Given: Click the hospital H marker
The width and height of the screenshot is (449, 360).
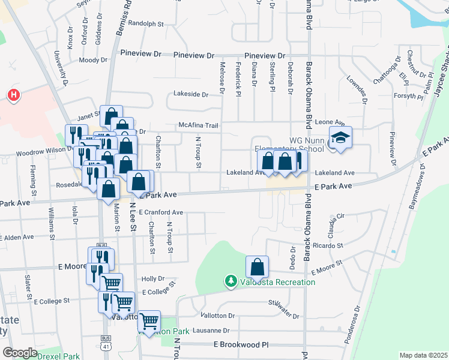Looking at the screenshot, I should (13, 94).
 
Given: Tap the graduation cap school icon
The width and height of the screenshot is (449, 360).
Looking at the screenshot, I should (340, 139).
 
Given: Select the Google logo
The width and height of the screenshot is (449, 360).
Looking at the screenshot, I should (20, 353).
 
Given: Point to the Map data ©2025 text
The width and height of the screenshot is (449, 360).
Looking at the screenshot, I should (423, 355).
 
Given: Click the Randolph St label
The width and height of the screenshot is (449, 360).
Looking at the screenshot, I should (146, 24).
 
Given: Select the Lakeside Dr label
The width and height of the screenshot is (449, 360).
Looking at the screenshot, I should (191, 94).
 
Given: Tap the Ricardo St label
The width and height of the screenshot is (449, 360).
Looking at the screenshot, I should (328, 245).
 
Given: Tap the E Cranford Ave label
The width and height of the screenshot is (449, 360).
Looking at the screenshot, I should (161, 212).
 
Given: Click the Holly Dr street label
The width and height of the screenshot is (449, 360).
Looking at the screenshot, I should (153, 279).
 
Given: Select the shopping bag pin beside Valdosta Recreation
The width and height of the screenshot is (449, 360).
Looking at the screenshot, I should (257, 267).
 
